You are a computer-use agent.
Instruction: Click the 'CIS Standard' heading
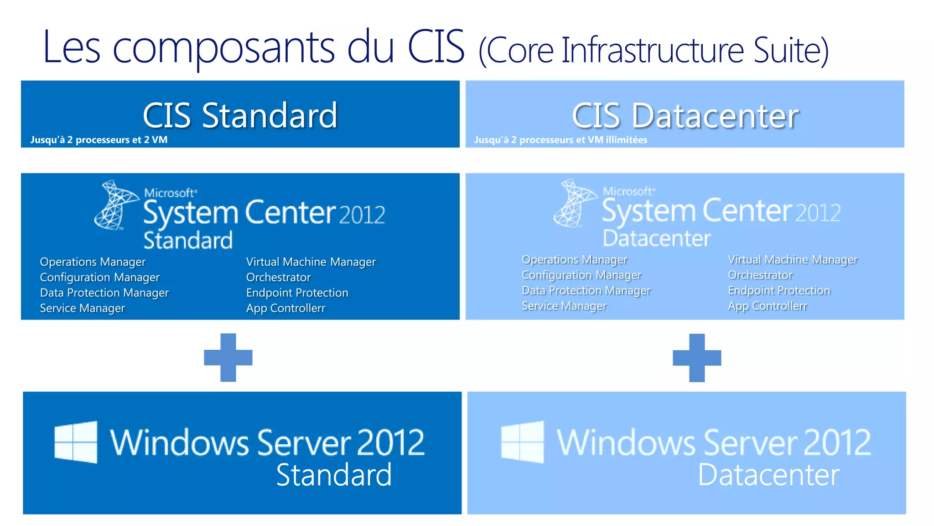click(240, 115)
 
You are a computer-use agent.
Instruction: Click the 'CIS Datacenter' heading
click(685, 116)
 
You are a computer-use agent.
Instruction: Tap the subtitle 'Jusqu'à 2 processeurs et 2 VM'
click(99, 140)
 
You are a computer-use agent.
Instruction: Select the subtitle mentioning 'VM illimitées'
click(560, 140)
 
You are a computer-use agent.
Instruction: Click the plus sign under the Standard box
click(228, 357)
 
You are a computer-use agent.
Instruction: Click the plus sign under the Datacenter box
click(697, 358)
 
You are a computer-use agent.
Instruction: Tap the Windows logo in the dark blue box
click(76, 442)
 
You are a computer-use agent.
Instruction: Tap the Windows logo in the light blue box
click(522, 442)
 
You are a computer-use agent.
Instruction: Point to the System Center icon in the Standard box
click(116, 205)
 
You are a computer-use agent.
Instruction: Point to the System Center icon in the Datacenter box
click(575, 203)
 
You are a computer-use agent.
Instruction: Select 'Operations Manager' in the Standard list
click(93, 262)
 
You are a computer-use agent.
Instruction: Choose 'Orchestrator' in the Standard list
click(278, 277)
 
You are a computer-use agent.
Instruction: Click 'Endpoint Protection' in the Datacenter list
click(779, 290)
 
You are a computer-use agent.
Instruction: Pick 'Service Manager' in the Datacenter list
click(564, 306)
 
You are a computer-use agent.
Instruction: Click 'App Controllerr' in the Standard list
click(285, 308)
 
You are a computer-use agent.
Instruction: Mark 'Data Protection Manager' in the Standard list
click(104, 293)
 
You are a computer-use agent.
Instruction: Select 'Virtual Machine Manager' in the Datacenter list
click(793, 260)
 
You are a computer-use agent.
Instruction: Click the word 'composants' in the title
click(223, 47)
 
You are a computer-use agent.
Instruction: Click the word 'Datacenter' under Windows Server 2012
click(768, 475)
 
